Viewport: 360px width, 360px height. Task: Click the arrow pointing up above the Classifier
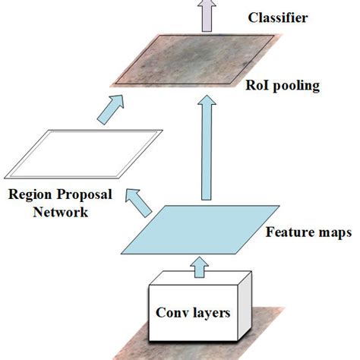[x=204, y=13]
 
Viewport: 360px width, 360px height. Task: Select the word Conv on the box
[x=171, y=312]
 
